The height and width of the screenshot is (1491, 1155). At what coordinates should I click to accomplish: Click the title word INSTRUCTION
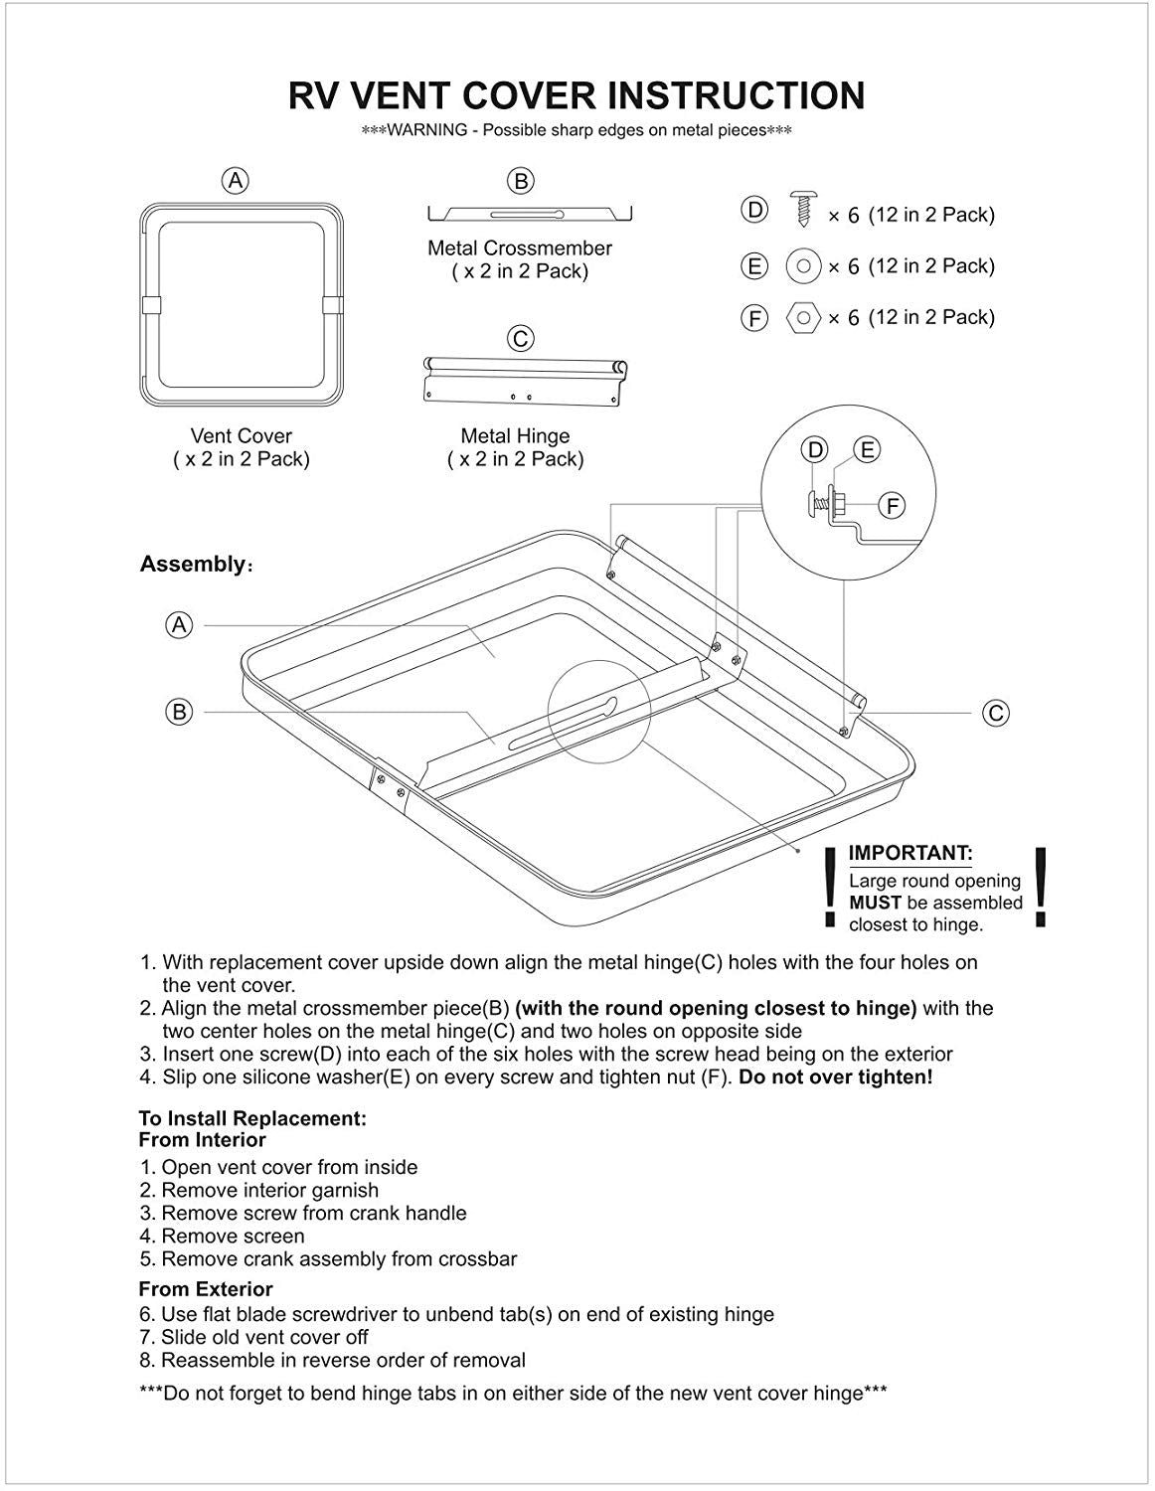click(736, 95)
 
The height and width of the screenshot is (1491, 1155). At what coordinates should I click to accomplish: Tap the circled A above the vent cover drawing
click(236, 180)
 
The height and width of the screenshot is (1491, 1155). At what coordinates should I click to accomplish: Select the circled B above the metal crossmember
click(520, 180)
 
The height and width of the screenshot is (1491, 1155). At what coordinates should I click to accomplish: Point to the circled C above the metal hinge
click(520, 338)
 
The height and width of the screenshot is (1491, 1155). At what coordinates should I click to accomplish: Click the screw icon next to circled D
click(801, 211)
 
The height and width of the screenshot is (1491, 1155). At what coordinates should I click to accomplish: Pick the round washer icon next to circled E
click(803, 265)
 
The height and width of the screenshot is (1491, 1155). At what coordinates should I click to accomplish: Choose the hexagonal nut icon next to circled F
click(803, 318)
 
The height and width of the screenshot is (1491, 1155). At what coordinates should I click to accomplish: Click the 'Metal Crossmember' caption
click(520, 248)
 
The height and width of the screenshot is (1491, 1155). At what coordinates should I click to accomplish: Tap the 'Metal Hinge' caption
click(515, 435)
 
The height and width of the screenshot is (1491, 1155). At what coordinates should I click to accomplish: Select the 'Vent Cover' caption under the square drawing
click(242, 435)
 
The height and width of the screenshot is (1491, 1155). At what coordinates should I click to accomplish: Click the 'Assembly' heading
click(192, 565)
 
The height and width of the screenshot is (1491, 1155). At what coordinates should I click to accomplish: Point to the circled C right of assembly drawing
click(995, 712)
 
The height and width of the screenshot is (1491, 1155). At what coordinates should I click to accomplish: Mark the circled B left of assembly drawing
click(179, 712)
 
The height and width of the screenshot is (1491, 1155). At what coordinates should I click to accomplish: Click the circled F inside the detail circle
click(893, 506)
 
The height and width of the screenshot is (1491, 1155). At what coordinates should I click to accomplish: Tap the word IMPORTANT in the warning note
click(909, 853)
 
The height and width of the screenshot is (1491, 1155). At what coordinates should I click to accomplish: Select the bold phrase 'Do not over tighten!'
click(835, 1077)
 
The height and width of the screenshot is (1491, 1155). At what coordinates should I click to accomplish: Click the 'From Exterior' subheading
click(206, 1289)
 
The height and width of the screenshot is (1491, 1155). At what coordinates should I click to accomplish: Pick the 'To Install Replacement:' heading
click(252, 1118)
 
